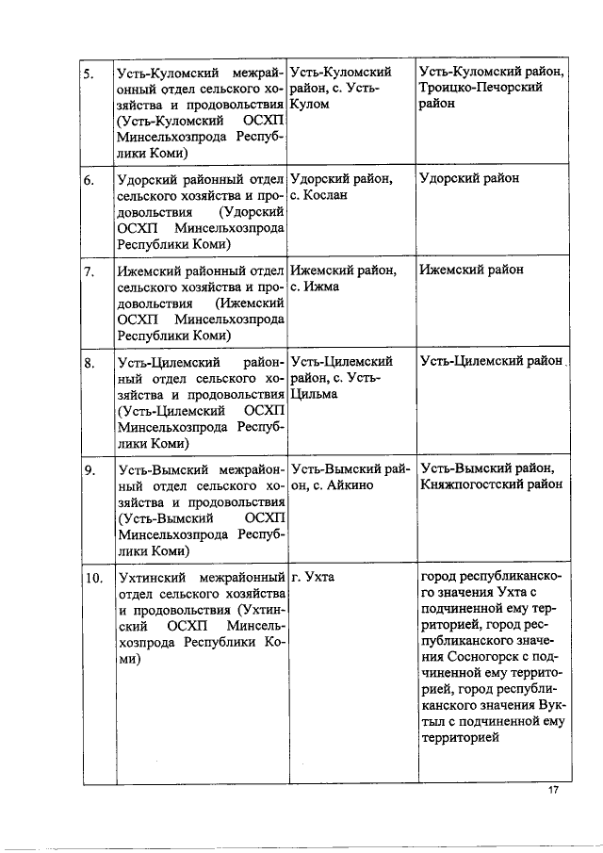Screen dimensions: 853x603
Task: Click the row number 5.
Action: tap(87, 73)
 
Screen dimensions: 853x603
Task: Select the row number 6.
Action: tap(87, 179)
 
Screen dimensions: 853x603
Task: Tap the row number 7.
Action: tap(87, 271)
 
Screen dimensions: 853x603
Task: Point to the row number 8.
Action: tap(87, 363)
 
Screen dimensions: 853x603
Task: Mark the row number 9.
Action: tap(87, 469)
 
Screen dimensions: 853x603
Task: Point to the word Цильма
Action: tap(314, 394)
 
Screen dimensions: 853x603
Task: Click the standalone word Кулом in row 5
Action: tap(310, 104)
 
